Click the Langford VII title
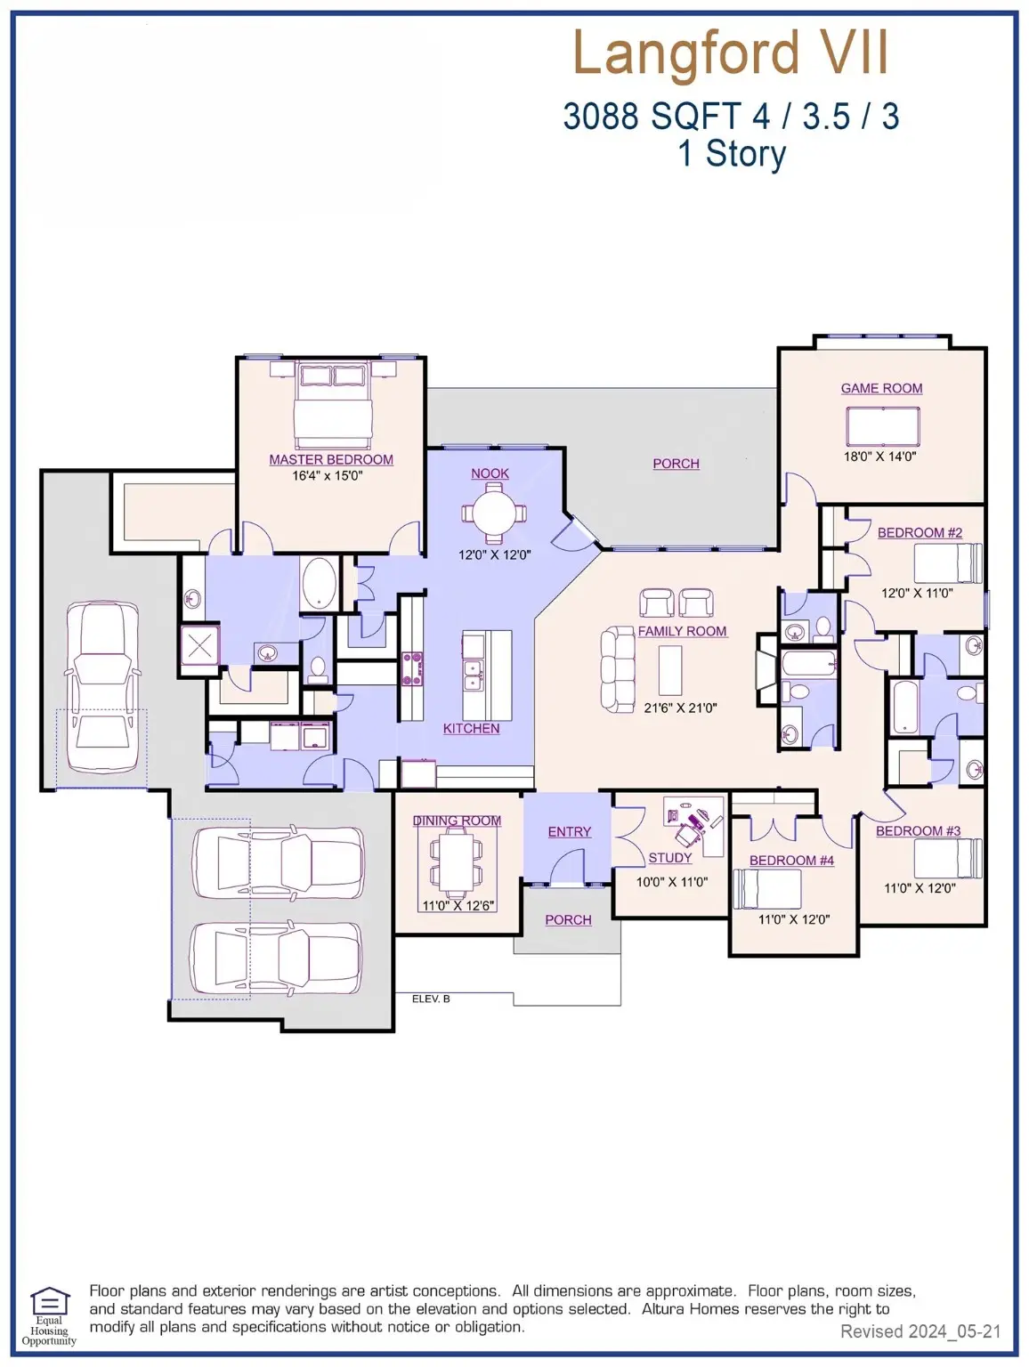pyautogui.click(x=730, y=53)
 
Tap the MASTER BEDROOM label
pyautogui.click(x=331, y=460)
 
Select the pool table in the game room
pyautogui.click(x=883, y=425)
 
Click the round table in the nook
pyautogui.click(x=493, y=514)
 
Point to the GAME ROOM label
pyautogui.click(x=881, y=389)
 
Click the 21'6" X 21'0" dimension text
pyautogui.click(x=680, y=708)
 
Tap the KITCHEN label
pyautogui.click(x=471, y=729)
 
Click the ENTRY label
pyautogui.click(x=570, y=832)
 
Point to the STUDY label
pyautogui.click(x=669, y=858)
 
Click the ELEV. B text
pyautogui.click(x=431, y=999)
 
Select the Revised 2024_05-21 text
pyautogui.click(x=920, y=1332)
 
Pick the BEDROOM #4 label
pyautogui.click(x=791, y=861)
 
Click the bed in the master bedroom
pyautogui.click(x=333, y=405)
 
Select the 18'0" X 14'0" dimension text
pyautogui.click(x=879, y=457)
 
